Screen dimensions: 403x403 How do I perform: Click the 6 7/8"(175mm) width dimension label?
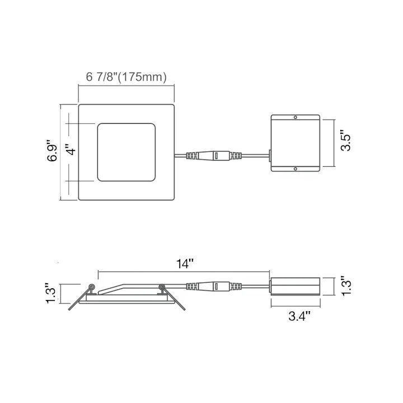pos(126,77)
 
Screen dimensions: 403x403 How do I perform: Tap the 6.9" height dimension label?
pos(52,151)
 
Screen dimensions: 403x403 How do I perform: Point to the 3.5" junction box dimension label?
pos(345,140)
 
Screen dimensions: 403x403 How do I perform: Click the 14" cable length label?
pos(185,264)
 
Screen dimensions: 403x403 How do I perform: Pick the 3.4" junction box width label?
pos(299,316)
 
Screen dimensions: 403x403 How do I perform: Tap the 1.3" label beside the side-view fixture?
pos(50,293)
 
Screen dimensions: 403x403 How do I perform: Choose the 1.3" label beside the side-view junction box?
pos(346,286)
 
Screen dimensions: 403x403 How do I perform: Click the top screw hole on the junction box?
pos(296,117)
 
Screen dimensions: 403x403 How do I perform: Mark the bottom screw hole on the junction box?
pos(296,169)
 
